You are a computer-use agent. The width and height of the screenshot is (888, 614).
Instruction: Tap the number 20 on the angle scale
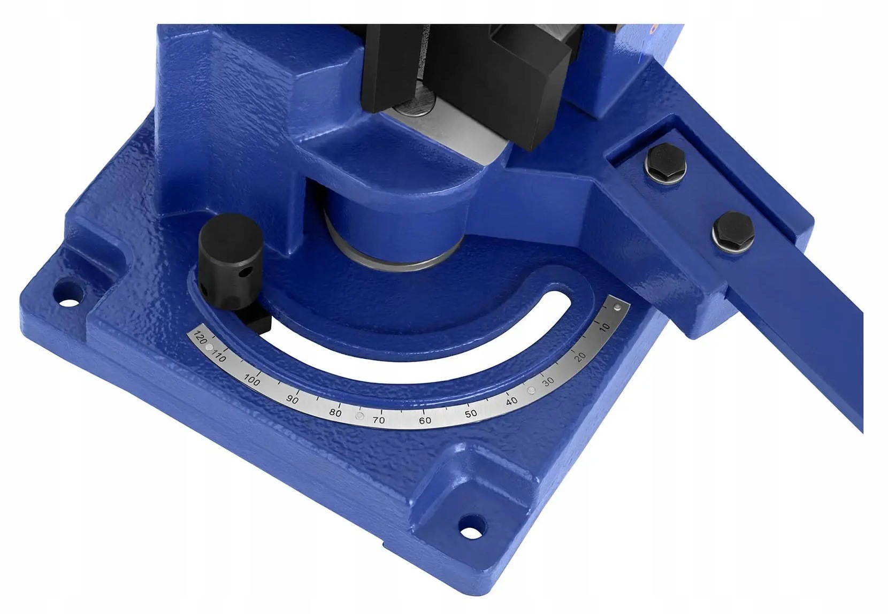click(580, 356)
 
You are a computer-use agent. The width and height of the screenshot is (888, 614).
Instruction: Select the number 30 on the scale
click(548, 382)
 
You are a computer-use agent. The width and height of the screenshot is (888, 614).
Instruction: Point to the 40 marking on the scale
click(512, 401)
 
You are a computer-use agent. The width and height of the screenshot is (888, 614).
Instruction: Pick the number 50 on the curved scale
click(471, 413)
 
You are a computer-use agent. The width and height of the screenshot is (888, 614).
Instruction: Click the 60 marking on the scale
click(425, 420)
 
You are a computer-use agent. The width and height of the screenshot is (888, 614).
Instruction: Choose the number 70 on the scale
click(379, 420)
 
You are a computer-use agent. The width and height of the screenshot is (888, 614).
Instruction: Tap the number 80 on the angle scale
click(335, 413)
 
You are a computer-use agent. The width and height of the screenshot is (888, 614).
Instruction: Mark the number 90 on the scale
click(292, 400)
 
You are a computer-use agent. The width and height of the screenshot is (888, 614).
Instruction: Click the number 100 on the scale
click(252, 380)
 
